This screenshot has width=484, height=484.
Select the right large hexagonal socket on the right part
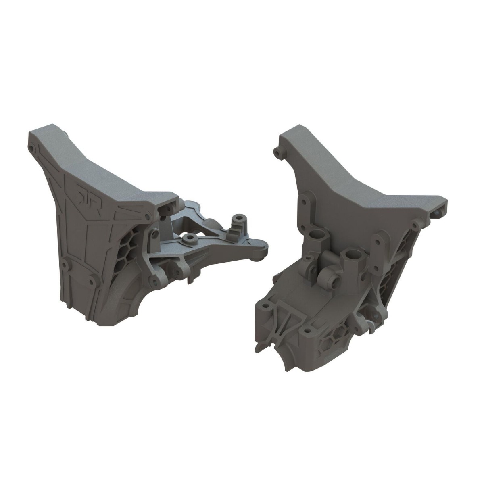(x=355, y=255)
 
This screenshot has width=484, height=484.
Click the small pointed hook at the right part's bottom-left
(x=258, y=345)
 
